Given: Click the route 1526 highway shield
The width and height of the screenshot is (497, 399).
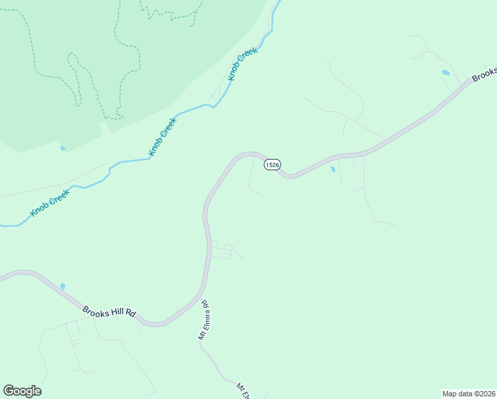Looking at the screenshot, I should point(271,164).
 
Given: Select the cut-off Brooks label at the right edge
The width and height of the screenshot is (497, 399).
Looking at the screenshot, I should point(484,75).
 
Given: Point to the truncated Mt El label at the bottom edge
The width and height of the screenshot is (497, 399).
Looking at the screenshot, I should point(243,390).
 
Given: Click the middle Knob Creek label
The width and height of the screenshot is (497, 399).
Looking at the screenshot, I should point(163,137).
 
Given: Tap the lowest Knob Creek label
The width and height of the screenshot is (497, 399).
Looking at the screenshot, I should point(50,203).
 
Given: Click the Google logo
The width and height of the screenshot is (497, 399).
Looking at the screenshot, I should point(22,391).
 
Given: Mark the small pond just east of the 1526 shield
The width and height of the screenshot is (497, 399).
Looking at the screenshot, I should point(332,170).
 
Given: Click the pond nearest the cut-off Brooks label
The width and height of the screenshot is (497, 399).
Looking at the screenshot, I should point(445,72).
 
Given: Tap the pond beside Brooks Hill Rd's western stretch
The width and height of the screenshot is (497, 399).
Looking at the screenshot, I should point(62,287).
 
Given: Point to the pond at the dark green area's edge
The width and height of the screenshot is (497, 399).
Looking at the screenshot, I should point(62,148).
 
